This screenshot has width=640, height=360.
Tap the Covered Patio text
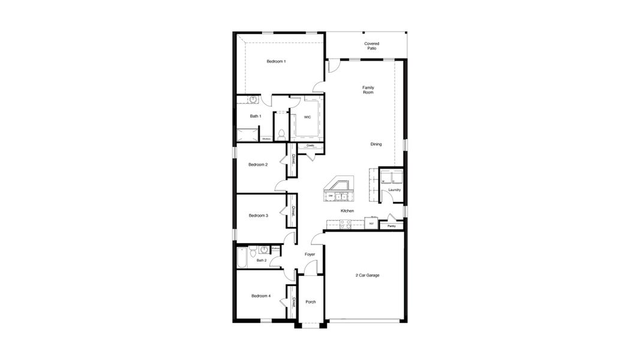tap(371, 46)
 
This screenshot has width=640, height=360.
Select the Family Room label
tap(368, 90)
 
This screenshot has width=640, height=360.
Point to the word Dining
tap(375, 144)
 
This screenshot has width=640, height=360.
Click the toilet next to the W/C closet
tap(281, 133)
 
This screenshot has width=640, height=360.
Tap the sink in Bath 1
tap(253, 100)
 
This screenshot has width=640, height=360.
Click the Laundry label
tap(394, 190)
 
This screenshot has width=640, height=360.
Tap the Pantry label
tap(391, 226)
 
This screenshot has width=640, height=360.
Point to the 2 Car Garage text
tap(367, 275)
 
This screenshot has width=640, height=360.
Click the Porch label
tap(311, 302)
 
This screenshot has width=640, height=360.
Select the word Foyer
tap(310, 254)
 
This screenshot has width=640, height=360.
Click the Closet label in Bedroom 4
tap(293, 303)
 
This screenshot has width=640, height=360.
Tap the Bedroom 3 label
tap(258, 215)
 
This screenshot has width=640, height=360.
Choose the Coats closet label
tap(310, 145)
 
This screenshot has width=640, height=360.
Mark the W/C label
tap(307, 117)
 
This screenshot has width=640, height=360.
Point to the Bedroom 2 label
tap(258, 164)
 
